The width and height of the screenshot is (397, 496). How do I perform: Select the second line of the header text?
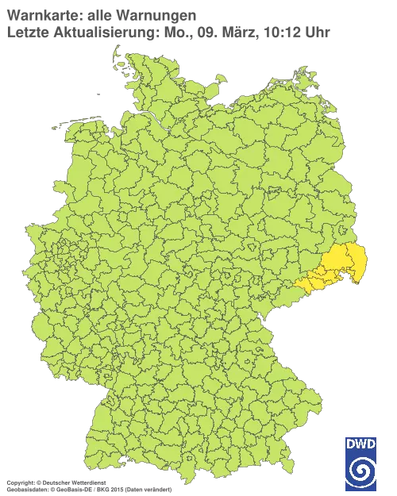click(x=167, y=32)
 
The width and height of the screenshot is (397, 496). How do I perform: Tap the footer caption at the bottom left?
click(x=87, y=483)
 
